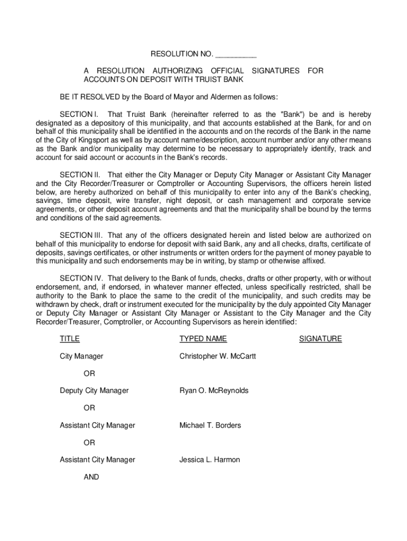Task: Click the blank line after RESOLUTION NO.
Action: pyautogui.click(x=236, y=54)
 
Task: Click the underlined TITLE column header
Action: pyautogui.click(x=70, y=339)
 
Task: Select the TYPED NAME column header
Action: pyautogui.click(x=203, y=339)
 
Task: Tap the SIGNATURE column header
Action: pyautogui.click(x=320, y=339)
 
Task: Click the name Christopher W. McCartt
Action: pyautogui.click(x=218, y=357)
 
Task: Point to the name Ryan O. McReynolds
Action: pyautogui.click(x=214, y=391)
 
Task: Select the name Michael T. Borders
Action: pyautogui.click(x=210, y=425)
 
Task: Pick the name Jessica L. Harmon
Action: pyautogui.click(x=209, y=460)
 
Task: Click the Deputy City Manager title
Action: pyautogui.click(x=94, y=391)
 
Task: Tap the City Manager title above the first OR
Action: pyautogui.click(x=81, y=357)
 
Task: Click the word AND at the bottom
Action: pyautogui.click(x=91, y=477)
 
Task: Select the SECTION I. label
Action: pyautogui.click(x=79, y=115)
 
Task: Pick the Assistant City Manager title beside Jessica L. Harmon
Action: pyautogui.click(x=97, y=460)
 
